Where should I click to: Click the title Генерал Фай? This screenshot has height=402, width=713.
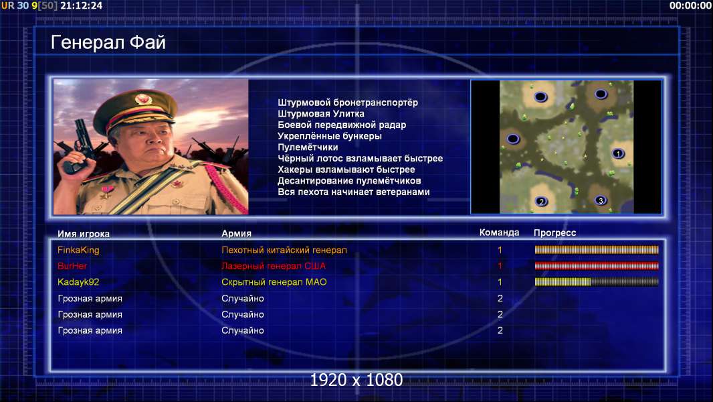(108, 42)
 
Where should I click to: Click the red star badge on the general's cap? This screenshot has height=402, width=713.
(143, 98)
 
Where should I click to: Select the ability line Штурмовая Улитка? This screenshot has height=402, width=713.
(321, 114)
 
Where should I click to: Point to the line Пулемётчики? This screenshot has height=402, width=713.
(308, 147)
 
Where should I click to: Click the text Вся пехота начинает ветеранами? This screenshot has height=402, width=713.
(354, 192)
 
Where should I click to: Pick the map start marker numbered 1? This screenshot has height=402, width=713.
(617, 153)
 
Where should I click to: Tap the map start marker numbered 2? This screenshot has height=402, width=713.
(541, 201)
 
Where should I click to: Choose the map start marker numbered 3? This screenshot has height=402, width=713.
(601, 200)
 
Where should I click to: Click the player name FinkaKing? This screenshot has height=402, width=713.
(78, 250)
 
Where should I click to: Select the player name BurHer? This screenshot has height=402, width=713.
(72, 266)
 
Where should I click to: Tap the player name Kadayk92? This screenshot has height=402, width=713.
(78, 282)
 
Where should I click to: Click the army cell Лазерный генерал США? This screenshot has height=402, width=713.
(274, 266)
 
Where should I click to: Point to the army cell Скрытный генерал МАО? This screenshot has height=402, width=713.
(274, 282)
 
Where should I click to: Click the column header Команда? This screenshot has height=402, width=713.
(499, 232)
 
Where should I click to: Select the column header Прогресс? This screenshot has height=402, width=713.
(554, 233)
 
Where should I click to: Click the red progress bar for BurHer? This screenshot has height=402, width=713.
(597, 266)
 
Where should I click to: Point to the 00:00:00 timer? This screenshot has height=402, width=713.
(690, 5)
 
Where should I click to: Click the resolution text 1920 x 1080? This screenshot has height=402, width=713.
(356, 380)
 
